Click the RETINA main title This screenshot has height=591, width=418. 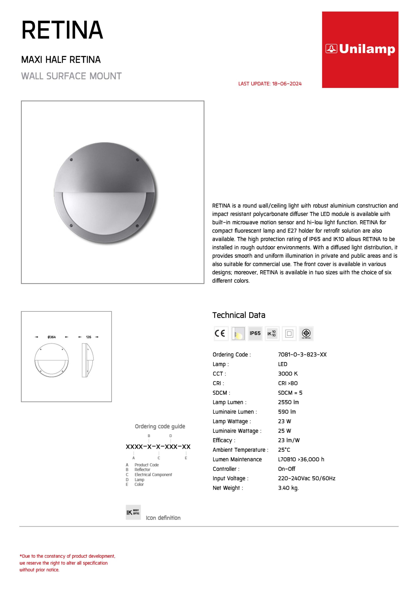[62, 30]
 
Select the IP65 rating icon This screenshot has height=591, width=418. [255, 333]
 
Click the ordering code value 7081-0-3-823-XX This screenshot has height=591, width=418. [302, 354]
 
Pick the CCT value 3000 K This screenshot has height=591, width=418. [288, 374]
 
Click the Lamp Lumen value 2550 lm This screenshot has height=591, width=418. [288, 402]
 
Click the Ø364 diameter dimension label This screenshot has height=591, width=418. [51, 337]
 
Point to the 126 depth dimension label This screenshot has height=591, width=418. [89, 337]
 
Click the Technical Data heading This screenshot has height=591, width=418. [239, 315]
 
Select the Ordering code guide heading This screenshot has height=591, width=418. [160, 427]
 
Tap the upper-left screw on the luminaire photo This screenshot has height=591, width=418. [72, 160]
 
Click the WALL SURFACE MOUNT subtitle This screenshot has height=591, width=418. [71, 76]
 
